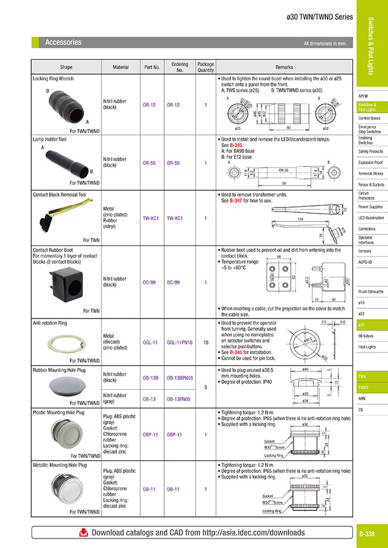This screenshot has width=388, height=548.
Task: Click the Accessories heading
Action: point(63,42)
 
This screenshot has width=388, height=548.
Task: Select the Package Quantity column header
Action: point(205,67)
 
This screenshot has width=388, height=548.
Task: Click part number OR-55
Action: point(149,163)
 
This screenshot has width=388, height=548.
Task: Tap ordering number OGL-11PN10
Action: point(180,342)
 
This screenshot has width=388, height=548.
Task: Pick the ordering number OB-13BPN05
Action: point(180,378)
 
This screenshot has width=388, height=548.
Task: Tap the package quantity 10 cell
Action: point(205,342)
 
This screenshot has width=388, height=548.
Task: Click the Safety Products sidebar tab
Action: point(371,151)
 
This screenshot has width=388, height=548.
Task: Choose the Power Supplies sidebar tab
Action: point(371,207)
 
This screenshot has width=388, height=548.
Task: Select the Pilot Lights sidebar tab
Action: point(367,346)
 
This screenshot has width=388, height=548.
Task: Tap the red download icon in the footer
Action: point(84,532)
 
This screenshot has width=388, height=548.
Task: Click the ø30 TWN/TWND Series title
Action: point(320,18)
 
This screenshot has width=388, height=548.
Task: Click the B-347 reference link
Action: point(236,201)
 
